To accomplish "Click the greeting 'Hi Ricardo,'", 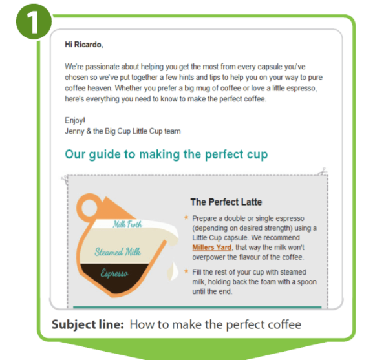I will click(84, 45).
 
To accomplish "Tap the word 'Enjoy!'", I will click(76, 121).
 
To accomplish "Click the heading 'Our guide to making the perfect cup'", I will click(166, 155).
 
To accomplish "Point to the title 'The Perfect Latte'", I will click(226, 202).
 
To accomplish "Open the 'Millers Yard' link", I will click(211, 248).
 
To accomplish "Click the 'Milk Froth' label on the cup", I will click(128, 224).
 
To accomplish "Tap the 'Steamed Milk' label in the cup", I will click(118, 252).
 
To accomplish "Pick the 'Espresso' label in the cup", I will click(114, 274).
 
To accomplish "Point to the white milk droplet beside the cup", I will click(173, 268).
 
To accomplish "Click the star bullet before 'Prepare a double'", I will click(187, 218).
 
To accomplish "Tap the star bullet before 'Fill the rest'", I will click(187, 271).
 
